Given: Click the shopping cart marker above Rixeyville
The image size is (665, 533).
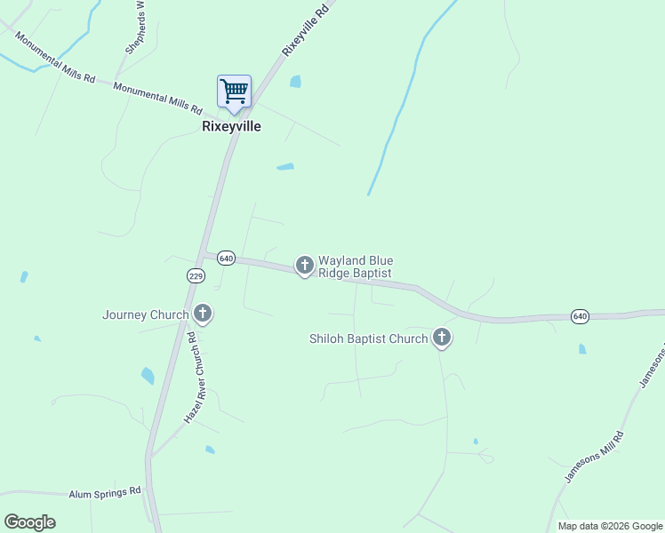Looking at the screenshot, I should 234,91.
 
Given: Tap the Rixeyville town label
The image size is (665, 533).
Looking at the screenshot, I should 231,126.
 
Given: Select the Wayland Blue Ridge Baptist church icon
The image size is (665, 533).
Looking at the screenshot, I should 304,265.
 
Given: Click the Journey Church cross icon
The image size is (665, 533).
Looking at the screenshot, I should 203,314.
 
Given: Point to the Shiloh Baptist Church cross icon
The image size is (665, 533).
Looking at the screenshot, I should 441,337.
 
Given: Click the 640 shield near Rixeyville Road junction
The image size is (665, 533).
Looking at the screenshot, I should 225,258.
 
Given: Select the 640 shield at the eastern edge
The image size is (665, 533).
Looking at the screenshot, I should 580,315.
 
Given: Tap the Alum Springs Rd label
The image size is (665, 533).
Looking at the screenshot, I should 105,491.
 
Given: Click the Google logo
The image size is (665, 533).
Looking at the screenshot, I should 29,522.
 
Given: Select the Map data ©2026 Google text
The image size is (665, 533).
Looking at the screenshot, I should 610,526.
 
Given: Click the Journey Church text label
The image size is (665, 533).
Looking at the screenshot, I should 145,314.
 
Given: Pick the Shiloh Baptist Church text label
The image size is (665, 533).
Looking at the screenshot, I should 368,338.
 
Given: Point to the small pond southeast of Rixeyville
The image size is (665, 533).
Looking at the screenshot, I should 284,166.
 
